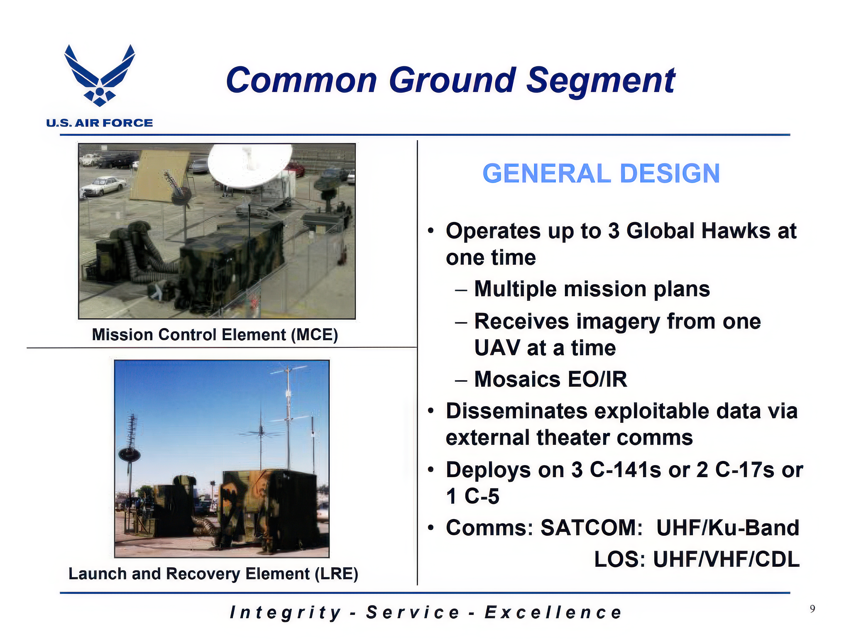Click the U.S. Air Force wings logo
100,75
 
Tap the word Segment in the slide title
601,82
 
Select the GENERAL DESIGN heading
601,173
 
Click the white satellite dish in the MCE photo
249,164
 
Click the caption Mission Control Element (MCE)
215,334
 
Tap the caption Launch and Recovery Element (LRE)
213,573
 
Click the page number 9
812,609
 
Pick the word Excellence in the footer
553,612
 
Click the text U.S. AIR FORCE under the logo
100,123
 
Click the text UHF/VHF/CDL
726,559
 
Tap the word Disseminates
516,411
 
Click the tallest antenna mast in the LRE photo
288,419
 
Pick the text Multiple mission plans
592,289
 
